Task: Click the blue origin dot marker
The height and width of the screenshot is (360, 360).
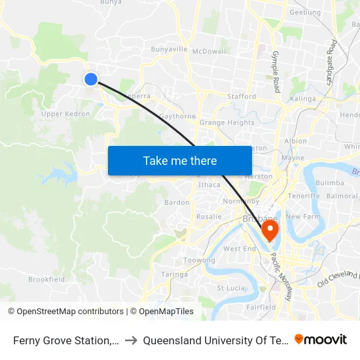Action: coord(90,79)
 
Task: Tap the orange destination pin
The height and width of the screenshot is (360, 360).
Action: coord(269,230)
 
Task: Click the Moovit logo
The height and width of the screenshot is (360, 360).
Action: coord(320,340)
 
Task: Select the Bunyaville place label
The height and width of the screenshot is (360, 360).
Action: coord(169,49)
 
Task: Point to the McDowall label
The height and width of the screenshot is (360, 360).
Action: coord(210,51)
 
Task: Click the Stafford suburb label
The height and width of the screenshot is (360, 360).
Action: coord(242,96)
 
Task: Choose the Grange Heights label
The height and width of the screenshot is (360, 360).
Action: coord(227,122)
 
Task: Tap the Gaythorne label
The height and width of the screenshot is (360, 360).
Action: coord(177,117)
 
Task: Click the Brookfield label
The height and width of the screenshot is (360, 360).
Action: coord(46,279)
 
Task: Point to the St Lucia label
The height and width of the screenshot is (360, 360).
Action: coord(230,287)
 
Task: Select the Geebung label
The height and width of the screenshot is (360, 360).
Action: coord(304,12)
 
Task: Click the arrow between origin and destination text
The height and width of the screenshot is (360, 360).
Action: coord(131,340)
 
